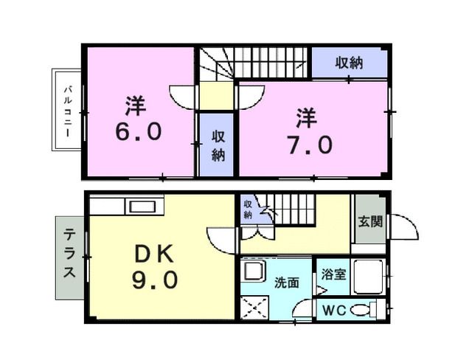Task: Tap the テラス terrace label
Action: (x=69, y=254)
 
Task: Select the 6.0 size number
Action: (x=137, y=132)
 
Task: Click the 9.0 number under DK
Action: (x=155, y=281)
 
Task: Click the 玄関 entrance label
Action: (x=370, y=221)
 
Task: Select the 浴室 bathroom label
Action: (x=333, y=274)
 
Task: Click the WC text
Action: (x=331, y=311)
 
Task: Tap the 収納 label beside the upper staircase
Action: (x=347, y=63)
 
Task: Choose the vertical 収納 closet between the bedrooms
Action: (x=218, y=145)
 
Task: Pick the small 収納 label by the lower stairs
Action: (x=248, y=210)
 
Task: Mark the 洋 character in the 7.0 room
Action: (x=306, y=117)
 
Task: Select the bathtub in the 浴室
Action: (x=367, y=277)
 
